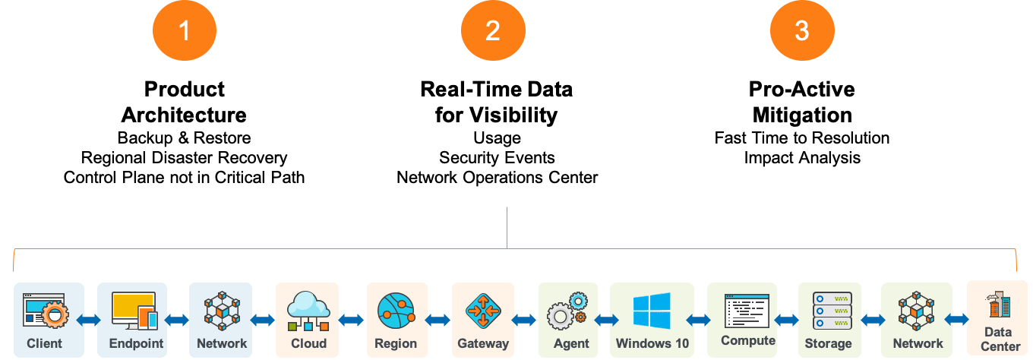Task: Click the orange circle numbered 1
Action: point(184,30)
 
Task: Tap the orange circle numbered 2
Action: point(492,30)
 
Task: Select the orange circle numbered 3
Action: point(801,30)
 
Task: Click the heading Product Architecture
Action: point(184,102)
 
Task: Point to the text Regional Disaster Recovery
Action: point(185,157)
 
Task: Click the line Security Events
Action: point(497,157)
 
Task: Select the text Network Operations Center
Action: point(497,177)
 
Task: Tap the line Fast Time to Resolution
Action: point(801,137)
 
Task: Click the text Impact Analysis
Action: point(801,157)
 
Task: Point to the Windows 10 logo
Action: point(652,311)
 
